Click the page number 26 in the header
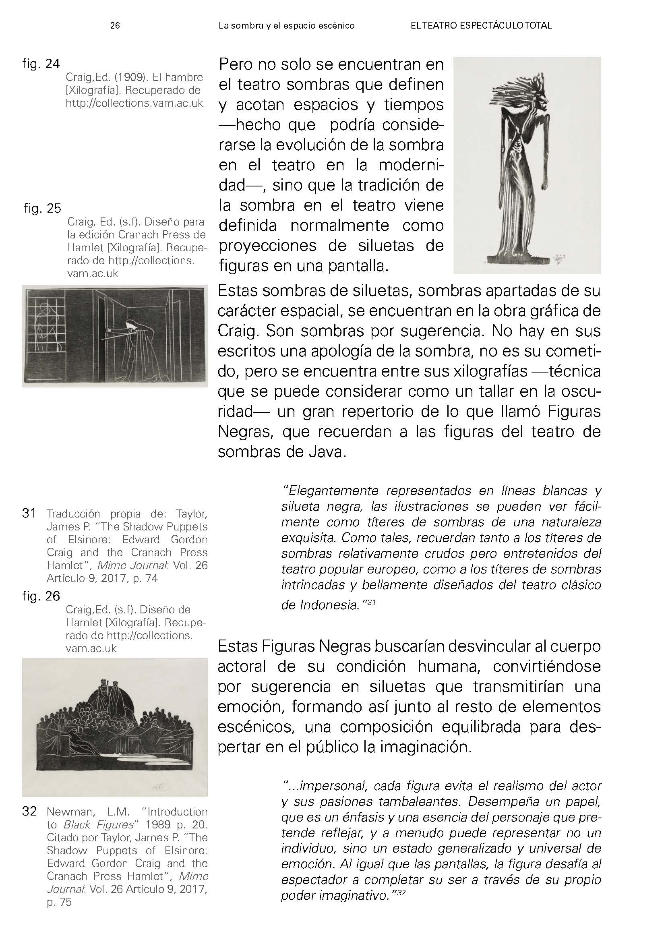tap(115, 25)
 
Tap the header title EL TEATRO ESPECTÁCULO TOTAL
tap(481, 25)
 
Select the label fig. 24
tap(41, 64)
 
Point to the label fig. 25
tap(42, 209)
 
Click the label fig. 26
tap(41, 596)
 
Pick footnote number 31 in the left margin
tap(29, 513)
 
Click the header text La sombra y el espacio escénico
tap(286, 25)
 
